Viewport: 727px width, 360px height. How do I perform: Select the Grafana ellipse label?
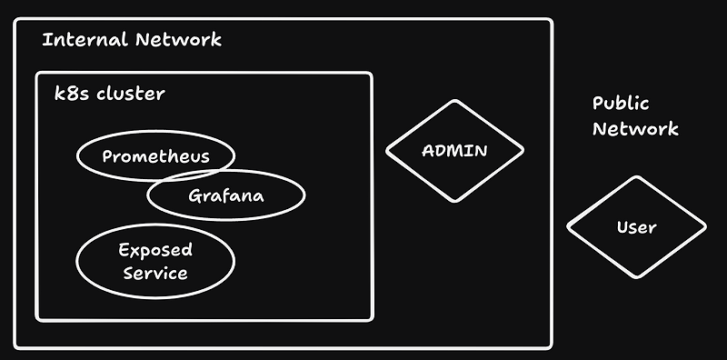pyautogui.click(x=225, y=196)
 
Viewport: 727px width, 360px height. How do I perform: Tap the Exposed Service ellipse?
pyautogui.click(x=155, y=261)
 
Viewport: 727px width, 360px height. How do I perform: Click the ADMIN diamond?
pyautogui.click(x=454, y=150)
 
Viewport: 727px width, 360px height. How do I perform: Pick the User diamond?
pyautogui.click(x=636, y=226)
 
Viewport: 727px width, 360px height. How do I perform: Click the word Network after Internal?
pyautogui.click(x=178, y=40)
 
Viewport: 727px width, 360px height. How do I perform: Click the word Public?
pyautogui.click(x=621, y=104)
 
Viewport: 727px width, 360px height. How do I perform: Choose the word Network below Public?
pyautogui.click(x=635, y=128)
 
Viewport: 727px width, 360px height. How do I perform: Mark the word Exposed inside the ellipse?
pyautogui.click(x=155, y=249)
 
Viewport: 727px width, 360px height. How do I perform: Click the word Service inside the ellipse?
pyautogui.click(x=155, y=273)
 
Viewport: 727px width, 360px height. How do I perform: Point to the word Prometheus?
pyautogui.click(x=155, y=156)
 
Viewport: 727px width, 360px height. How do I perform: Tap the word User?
pyautogui.click(x=636, y=226)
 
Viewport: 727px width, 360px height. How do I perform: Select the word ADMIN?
pyautogui.click(x=454, y=150)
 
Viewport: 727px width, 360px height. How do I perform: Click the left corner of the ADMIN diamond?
pyautogui.click(x=387, y=150)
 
